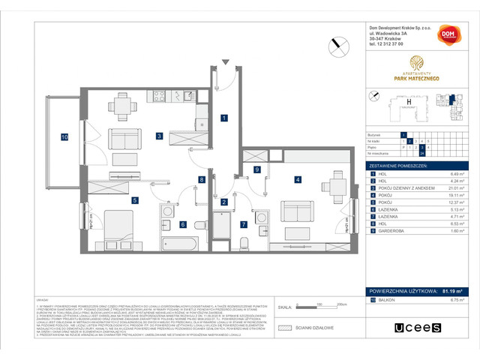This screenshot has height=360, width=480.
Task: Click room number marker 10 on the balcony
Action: tap(65, 137)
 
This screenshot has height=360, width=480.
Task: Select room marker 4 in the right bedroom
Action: tap(298, 179)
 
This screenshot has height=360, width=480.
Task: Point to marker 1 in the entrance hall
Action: tap(223, 118)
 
